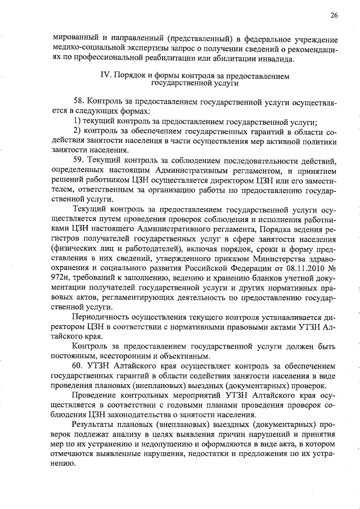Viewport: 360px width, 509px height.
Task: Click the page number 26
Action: point(334,15)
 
